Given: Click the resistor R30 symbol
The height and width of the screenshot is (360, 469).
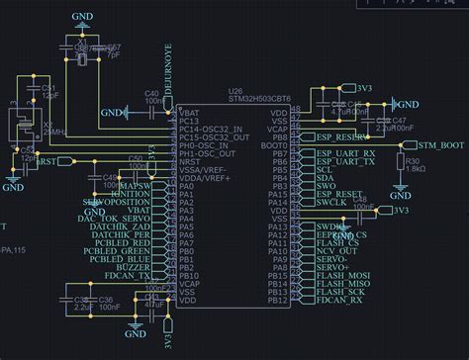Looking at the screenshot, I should click(x=400, y=162).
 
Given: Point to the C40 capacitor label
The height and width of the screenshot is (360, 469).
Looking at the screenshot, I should click(x=152, y=93).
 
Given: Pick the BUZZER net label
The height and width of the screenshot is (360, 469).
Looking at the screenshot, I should click(x=134, y=267).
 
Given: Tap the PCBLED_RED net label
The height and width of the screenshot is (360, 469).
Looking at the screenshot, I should click(x=126, y=242).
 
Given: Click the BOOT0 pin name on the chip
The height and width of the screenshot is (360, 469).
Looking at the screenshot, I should click(x=278, y=145).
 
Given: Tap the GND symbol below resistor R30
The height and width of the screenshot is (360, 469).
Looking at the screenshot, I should click(x=400, y=187).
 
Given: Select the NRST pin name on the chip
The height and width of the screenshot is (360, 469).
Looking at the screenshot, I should click(x=190, y=162).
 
